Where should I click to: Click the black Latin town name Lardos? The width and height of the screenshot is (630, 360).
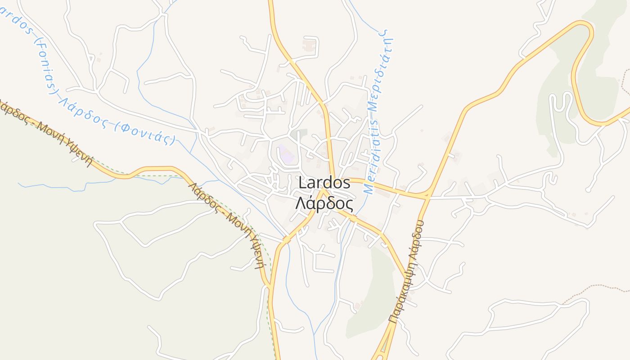[x=324, y=183]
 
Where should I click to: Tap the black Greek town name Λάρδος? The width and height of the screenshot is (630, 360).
[x=324, y=204]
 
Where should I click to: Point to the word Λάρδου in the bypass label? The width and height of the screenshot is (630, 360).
[x=418, y=238]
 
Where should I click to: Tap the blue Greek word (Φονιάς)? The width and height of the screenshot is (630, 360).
[x=145, y=133]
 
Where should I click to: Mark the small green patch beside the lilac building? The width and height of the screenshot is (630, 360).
[x=298, y=134]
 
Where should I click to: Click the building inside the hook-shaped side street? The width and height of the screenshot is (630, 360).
[x=309, y=45]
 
